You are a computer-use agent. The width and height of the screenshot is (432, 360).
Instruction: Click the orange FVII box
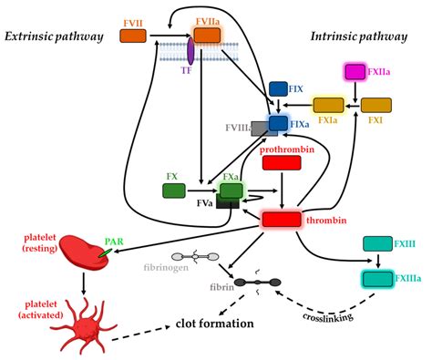point(133,35)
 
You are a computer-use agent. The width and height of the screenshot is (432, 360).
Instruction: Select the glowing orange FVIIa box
point(207,35)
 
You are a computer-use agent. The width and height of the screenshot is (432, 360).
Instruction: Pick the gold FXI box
point(376,105)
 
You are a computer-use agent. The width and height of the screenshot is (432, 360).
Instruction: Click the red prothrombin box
point(281,163)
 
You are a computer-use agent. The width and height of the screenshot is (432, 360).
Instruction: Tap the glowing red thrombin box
point(281,219)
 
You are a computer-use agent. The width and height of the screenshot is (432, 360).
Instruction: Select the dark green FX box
point(174,190)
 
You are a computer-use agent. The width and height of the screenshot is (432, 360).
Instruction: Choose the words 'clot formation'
point(213,324)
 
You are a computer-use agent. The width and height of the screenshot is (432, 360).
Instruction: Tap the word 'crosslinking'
point(329,316)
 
